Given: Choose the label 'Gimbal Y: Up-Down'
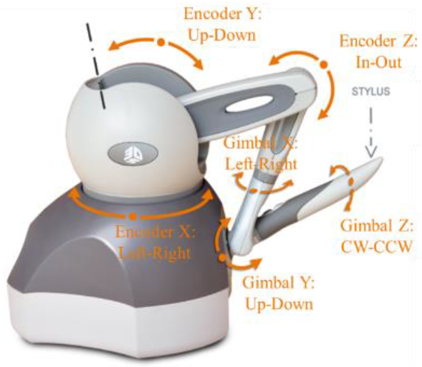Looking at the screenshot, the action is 279,293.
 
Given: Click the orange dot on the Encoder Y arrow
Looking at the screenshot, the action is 160,43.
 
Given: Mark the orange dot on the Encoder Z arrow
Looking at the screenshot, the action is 323,65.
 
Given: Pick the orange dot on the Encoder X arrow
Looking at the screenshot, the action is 133,216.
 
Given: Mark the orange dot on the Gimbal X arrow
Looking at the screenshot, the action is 252,190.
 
